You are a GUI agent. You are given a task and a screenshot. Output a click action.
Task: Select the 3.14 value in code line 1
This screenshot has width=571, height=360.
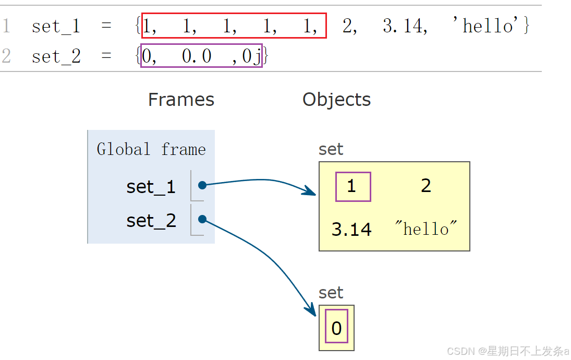pos(405,26)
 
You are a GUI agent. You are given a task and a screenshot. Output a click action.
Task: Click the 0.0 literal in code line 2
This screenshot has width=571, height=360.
pos(197,56)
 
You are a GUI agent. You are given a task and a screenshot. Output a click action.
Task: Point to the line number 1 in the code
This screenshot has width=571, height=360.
pos(6,26)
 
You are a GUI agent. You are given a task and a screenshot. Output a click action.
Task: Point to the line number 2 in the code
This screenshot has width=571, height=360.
pos(6,56)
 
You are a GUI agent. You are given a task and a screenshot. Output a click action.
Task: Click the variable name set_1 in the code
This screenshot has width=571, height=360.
pos(56,26)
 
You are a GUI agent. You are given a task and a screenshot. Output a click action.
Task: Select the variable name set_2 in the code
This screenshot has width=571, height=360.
pos(56,56)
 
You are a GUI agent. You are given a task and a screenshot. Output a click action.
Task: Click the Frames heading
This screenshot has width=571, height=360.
pos(181,100)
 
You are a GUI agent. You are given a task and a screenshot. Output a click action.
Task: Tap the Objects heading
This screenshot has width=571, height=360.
pos(336,100)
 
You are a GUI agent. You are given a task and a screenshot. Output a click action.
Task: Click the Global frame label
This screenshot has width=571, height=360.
pos(151,150)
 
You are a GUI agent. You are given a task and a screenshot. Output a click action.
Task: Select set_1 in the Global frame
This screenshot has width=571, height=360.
pos(151,186)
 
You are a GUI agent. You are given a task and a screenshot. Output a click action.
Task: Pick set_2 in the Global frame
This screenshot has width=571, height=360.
pos(151,221)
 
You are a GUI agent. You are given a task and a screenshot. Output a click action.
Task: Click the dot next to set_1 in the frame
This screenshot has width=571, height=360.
pos(202,185)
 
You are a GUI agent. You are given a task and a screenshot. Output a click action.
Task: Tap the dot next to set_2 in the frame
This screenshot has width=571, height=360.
pos(202,219)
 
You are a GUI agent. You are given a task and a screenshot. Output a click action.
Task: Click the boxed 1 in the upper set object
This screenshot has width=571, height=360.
pos(352,186)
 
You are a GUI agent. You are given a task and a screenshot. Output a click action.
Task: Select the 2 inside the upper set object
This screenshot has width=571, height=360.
pos(426,186)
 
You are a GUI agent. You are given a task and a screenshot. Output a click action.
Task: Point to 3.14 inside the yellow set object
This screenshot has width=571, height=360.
pos(351,229)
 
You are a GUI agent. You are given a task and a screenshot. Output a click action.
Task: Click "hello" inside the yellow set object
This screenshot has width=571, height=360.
pos(426,229)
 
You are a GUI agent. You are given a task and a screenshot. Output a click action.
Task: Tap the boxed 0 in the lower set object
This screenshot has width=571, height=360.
pos(336,328)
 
